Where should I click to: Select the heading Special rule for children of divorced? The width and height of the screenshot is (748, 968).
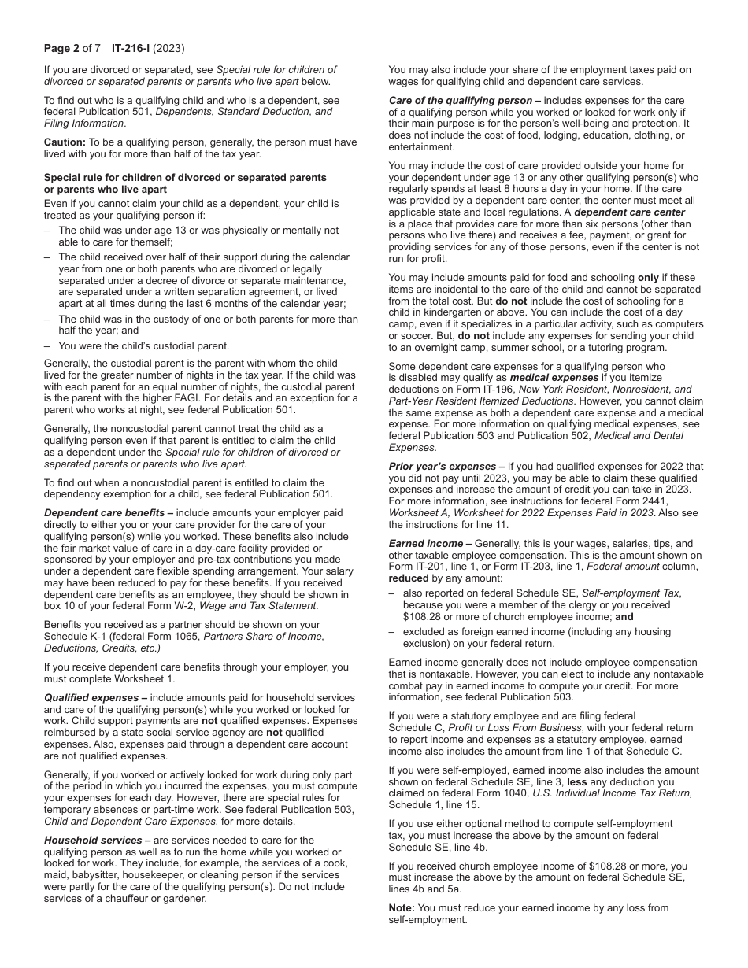tap(184, 178)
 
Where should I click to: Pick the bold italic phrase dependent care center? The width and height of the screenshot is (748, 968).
tap(630, 212)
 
